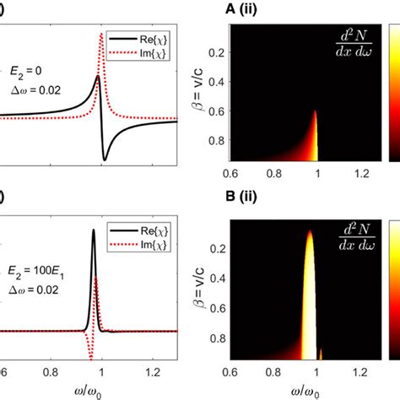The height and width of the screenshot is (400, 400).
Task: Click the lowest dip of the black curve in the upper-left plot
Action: pyautogui.click(x=105, y=159)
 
